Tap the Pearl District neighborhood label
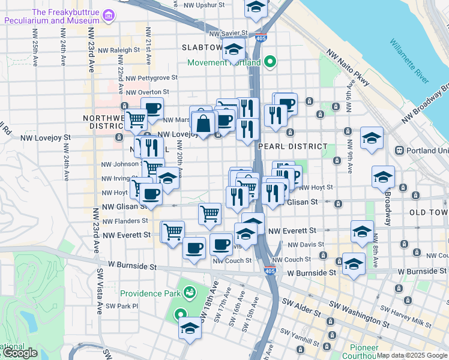coord(292,146)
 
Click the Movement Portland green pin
coord(270,62)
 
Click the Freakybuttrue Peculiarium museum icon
coord(108,16)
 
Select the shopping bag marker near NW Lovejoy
coord(204,123)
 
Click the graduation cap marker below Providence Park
coord(190,328)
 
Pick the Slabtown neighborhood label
coord(202,47)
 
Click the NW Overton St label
coord(146,93)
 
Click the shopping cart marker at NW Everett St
coord(173,230)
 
